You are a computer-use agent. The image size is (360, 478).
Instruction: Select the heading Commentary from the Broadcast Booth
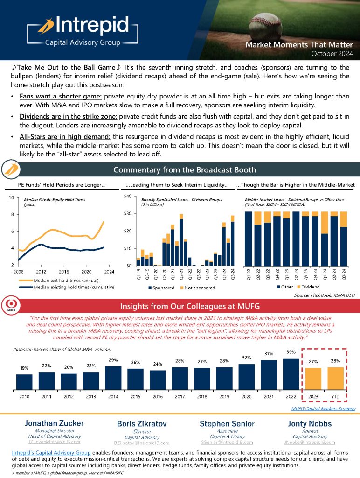point(184,169)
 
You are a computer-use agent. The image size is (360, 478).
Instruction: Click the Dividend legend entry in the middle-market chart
point(310,286)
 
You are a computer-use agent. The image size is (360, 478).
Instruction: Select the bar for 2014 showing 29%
point(113,378)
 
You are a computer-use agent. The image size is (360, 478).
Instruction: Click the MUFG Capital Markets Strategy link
point(323,408)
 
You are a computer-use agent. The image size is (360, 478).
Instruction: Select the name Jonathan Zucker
point(54,423)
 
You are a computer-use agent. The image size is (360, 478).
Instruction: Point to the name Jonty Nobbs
point(306,423)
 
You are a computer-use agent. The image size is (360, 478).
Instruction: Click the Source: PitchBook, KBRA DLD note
point(325,295)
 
